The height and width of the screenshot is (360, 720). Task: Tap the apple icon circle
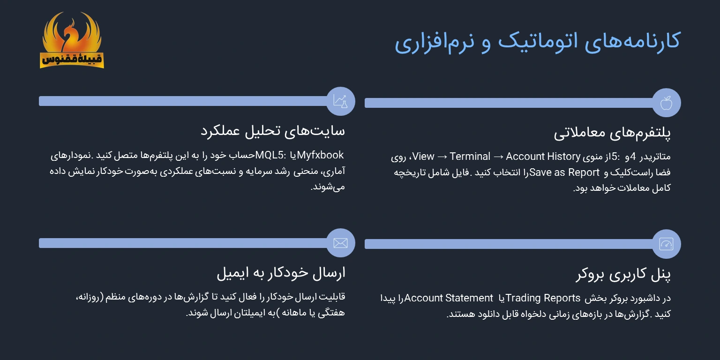666,103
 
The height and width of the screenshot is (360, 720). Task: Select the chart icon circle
340,101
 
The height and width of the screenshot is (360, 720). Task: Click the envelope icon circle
340,243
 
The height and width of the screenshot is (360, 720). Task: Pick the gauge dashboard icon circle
666,244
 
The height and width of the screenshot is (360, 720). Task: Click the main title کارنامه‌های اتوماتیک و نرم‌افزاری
537,42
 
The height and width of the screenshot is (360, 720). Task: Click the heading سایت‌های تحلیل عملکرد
273,131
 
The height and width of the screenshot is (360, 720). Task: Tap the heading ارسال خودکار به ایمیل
281,273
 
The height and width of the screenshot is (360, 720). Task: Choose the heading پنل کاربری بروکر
623,275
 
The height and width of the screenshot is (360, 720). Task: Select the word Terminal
470,157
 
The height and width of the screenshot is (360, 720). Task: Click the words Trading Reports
543,298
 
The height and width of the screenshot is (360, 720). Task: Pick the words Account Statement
449,298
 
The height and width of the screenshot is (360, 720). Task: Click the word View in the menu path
423,157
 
